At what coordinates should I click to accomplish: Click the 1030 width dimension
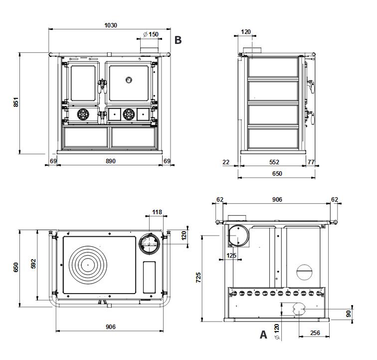click(x=111, y=25)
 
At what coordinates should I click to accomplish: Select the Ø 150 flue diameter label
click(x=151, y=34)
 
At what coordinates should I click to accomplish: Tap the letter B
click(x=178, y=40)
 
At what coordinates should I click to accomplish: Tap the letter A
click(x=263, y=335)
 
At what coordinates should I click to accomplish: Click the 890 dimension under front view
click(x=111, y=161)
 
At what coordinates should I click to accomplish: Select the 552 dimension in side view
click(x=274, y=162)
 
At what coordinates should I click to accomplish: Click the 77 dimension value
click(x=311, y=162)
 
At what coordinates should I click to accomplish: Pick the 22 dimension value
click(x=226, y=162)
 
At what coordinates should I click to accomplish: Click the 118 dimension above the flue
click(x=157, y=212)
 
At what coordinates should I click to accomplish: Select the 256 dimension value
click(x=315, y=333)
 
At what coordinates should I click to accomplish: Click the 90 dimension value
click(x=348, y=313)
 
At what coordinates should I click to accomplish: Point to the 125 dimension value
click(x=231, y=256)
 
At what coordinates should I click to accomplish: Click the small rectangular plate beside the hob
click(x=149, y=278)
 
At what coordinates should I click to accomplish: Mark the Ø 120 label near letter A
click(x=277, y=333)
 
